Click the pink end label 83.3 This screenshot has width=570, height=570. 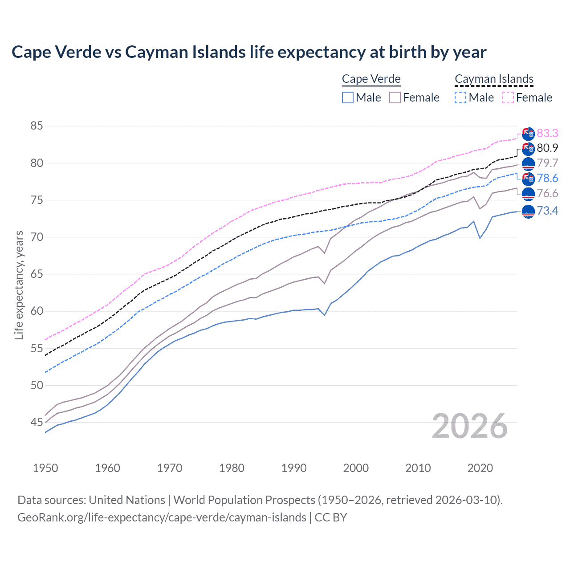pyautogui.click(x=547, y=133)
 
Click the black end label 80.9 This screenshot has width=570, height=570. pyautogui.click(x=547, y=148)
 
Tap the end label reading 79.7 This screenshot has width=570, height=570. pyautogui.click(x=547, y=163)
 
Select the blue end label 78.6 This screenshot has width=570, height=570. pyautogui.click(x=547, y=178)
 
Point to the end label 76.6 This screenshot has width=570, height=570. pyautogui.click(x=547, y=193)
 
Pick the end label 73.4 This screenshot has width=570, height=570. pyautogui.click(x=547, y=211)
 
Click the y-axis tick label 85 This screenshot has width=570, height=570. pyautogui.click(x=37, y=126)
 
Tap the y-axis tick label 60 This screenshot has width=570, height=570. pyautogui.click(x=37, y=311)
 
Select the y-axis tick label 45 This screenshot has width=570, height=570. pyautogui.click(x=37, y=422)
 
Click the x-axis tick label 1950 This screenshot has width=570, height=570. pyautogui.click(x=45, y=468)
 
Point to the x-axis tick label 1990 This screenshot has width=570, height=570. pyautogui.click(x=294, y=468)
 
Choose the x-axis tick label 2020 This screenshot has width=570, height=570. pyautogui.click(x=480, y=468)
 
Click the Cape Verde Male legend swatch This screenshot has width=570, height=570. pyautogui.click(x=348, y=98)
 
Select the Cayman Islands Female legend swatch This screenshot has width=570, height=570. pyautogui.click(x=508, y=98)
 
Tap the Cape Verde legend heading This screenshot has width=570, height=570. pyautogui.click(x=371, y=79)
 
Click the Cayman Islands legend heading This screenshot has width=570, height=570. pyautogui.click(x=494, y=79)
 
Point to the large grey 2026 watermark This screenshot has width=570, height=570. pyautogui.click(x=470, y=426)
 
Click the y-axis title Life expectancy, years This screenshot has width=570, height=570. pyautogui.click(x=19, y=285)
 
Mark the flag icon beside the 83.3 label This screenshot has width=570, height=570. pyautogui.click(x=528, y=134)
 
